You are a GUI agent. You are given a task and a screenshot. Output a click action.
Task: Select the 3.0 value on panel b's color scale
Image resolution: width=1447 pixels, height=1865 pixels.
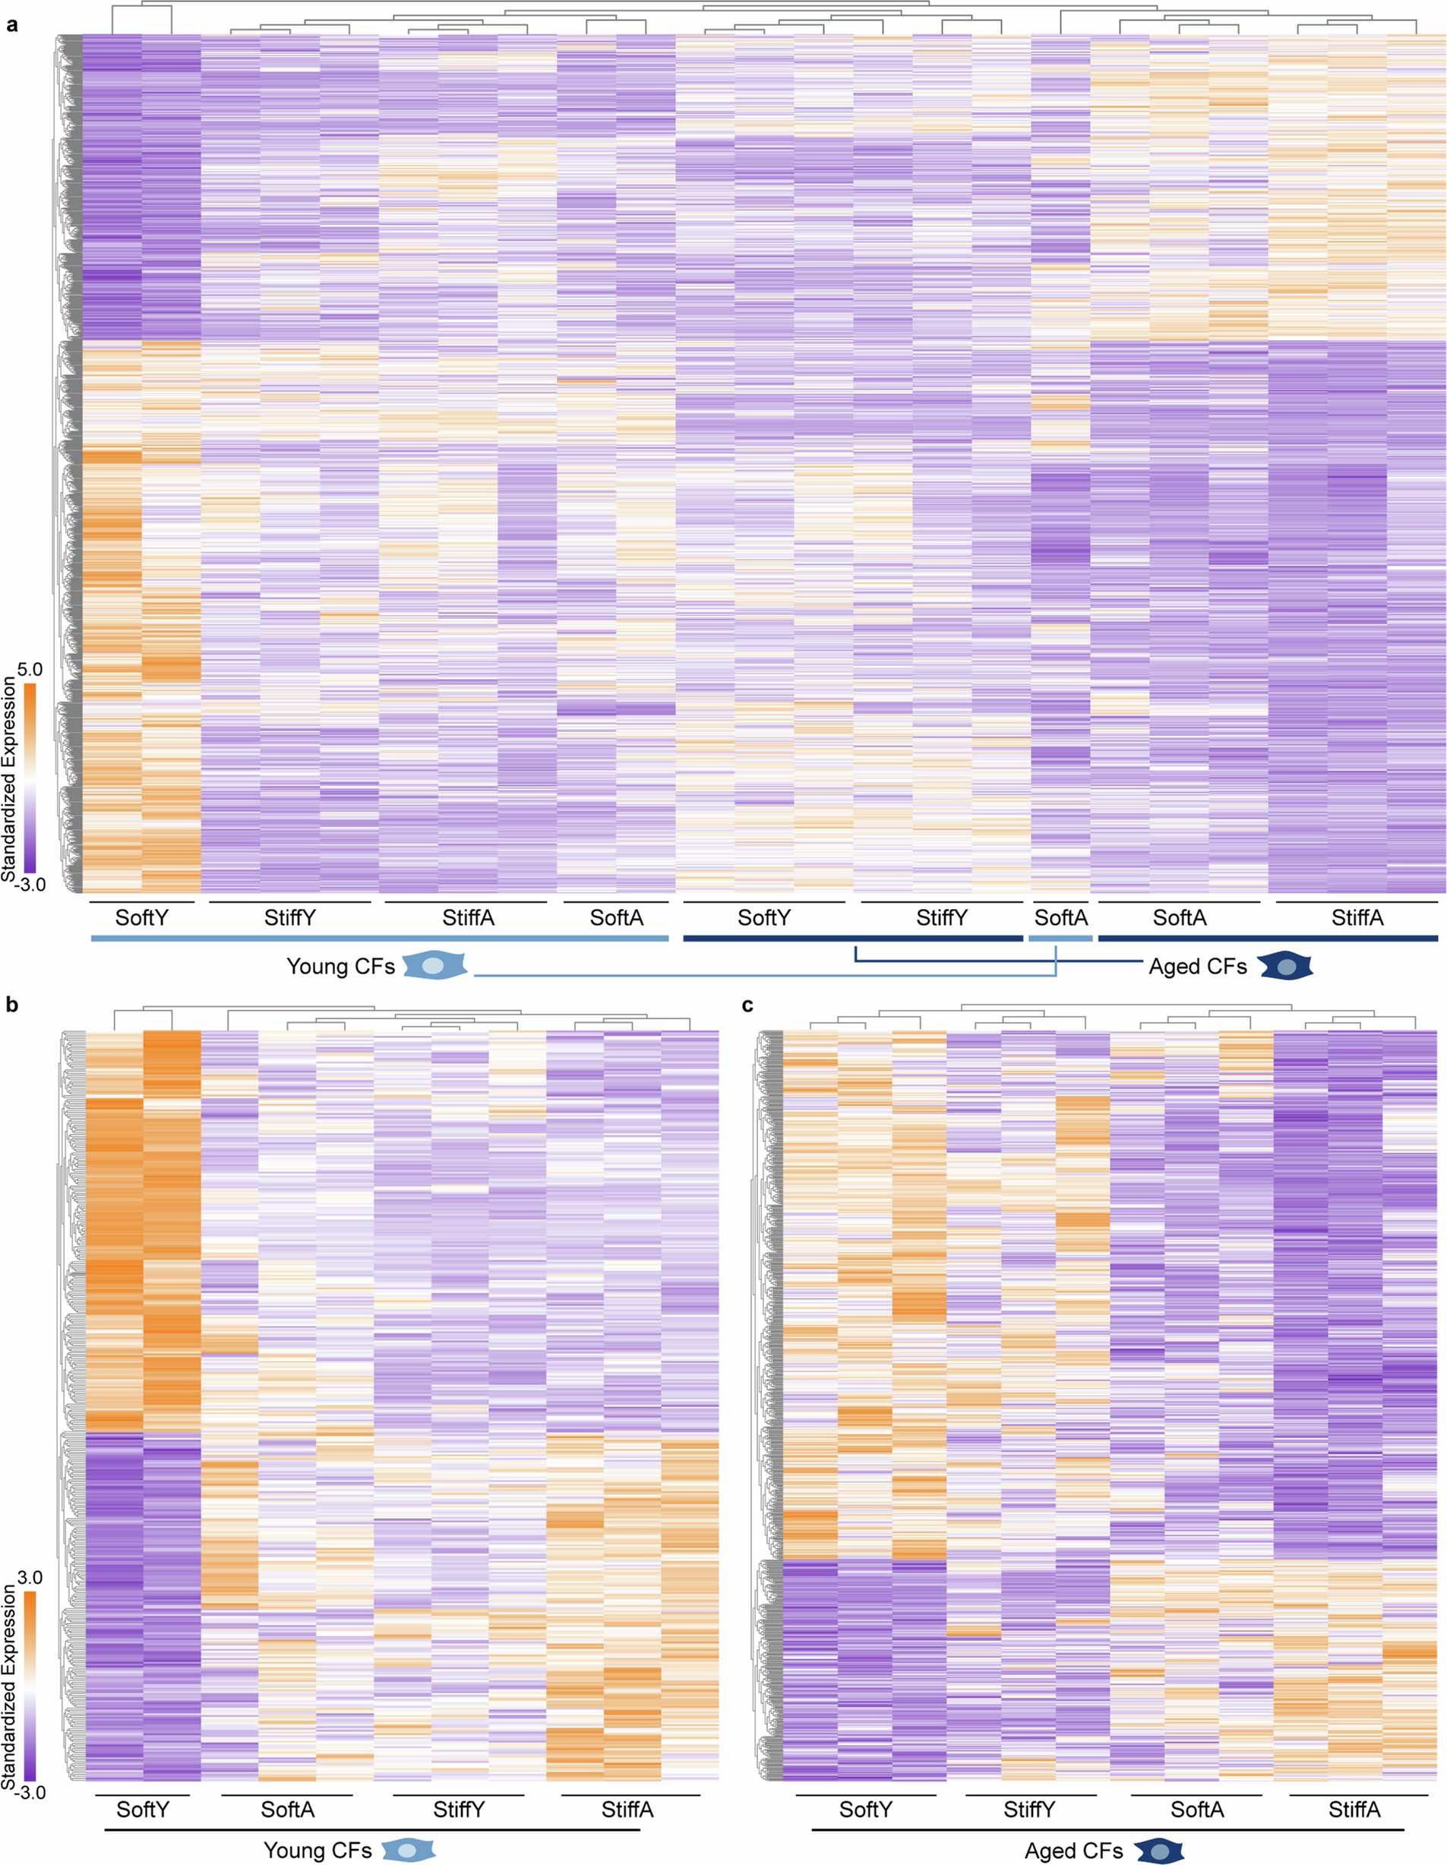(x=30, y=1577)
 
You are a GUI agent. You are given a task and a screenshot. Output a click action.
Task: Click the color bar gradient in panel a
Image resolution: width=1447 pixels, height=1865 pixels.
(x=30, y=777)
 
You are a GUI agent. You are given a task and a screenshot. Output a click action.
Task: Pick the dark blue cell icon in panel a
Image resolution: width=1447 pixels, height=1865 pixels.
(x=1285, y=966)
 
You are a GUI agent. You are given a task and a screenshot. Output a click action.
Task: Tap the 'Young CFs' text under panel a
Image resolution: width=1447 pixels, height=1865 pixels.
(x=340, y=967)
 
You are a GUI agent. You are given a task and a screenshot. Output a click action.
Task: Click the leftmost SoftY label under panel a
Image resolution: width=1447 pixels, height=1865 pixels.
(x=142, y=918)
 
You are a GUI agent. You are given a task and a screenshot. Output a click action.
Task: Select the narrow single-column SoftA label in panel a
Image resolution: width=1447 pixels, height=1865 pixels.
(x=1061, y=918)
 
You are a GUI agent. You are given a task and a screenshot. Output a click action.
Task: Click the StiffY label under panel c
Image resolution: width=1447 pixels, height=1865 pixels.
(x=1028, y=1810)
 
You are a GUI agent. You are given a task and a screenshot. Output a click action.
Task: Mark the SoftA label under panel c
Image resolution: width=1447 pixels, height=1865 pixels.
(x=1197, y=1810)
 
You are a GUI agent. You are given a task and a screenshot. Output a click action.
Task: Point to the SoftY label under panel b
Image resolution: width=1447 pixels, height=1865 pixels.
(x=143, y=1810)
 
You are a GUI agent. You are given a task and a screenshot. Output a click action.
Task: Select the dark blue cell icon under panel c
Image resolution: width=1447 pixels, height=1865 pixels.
(x=1160, y=1851)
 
